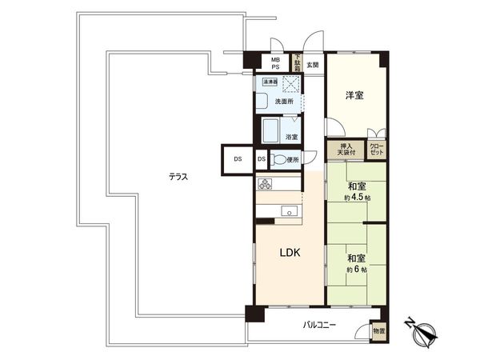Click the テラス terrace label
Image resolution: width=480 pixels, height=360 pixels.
click(178, 177)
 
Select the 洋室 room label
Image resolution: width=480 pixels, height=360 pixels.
click(354, 96)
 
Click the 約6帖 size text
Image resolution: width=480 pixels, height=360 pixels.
click(357, 269)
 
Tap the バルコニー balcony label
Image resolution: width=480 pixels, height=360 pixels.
click(319, 325)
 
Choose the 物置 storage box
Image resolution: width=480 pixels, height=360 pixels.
click(378, 330)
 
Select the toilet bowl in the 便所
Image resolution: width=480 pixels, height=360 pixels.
click(278, 160)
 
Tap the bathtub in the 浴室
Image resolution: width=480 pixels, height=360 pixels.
click(270, 130)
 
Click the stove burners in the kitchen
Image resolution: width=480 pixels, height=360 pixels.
click(266, 184)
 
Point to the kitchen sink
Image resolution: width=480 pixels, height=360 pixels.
click(289, 211)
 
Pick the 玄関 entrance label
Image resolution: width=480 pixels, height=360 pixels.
click(312, 65)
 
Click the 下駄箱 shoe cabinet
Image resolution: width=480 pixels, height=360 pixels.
click(297, 62)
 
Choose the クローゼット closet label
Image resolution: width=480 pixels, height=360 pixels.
click(376, 149)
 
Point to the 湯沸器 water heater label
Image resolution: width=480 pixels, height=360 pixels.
click(266, 82)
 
